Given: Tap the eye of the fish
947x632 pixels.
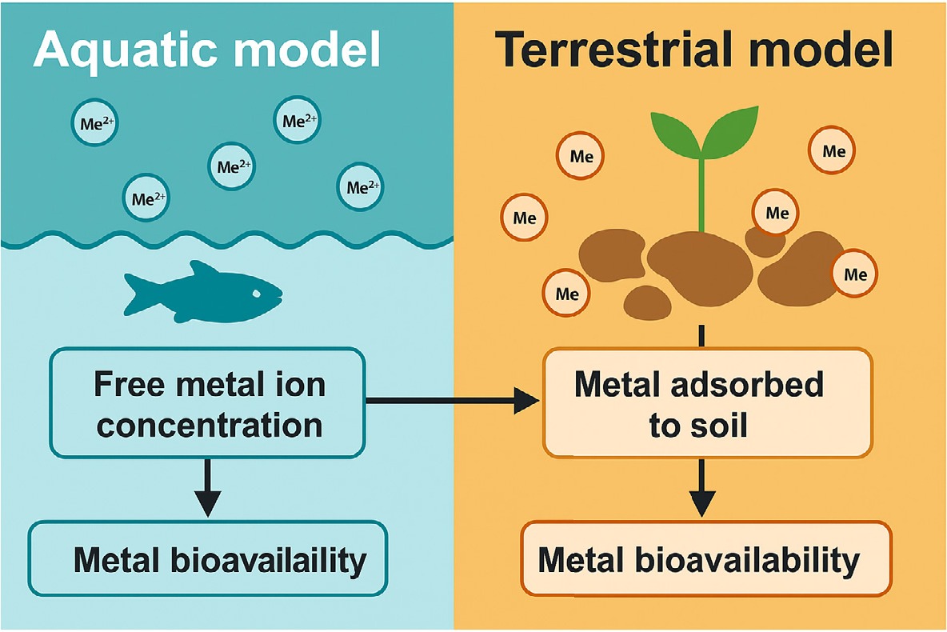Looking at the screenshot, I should pyautogui.click(x=258, y=294).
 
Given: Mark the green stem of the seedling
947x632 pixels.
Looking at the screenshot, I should pyautogui.click(x=702, y=192).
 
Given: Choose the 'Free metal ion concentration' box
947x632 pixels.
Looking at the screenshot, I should pyautogui.click(x=208, y=403).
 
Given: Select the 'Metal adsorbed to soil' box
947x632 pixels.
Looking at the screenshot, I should pyautogui.click(x=707, y=403).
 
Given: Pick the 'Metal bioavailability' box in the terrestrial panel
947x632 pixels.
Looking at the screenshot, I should pyautogui.click(x=705, y=559).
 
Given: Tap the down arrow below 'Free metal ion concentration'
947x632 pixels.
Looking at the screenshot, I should pyautogui.click(x=208, y=488).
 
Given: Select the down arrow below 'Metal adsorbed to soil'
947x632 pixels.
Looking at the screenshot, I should pyautogui.click(x=702, y=489).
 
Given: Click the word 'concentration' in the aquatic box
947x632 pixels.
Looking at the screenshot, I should pyautogui.click(x=210, y=424).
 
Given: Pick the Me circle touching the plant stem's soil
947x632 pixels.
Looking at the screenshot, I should pyautogui.click(x=777, y=213).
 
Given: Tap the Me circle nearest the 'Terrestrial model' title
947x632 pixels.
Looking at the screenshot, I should pyautogui.click(x=833, y=150).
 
